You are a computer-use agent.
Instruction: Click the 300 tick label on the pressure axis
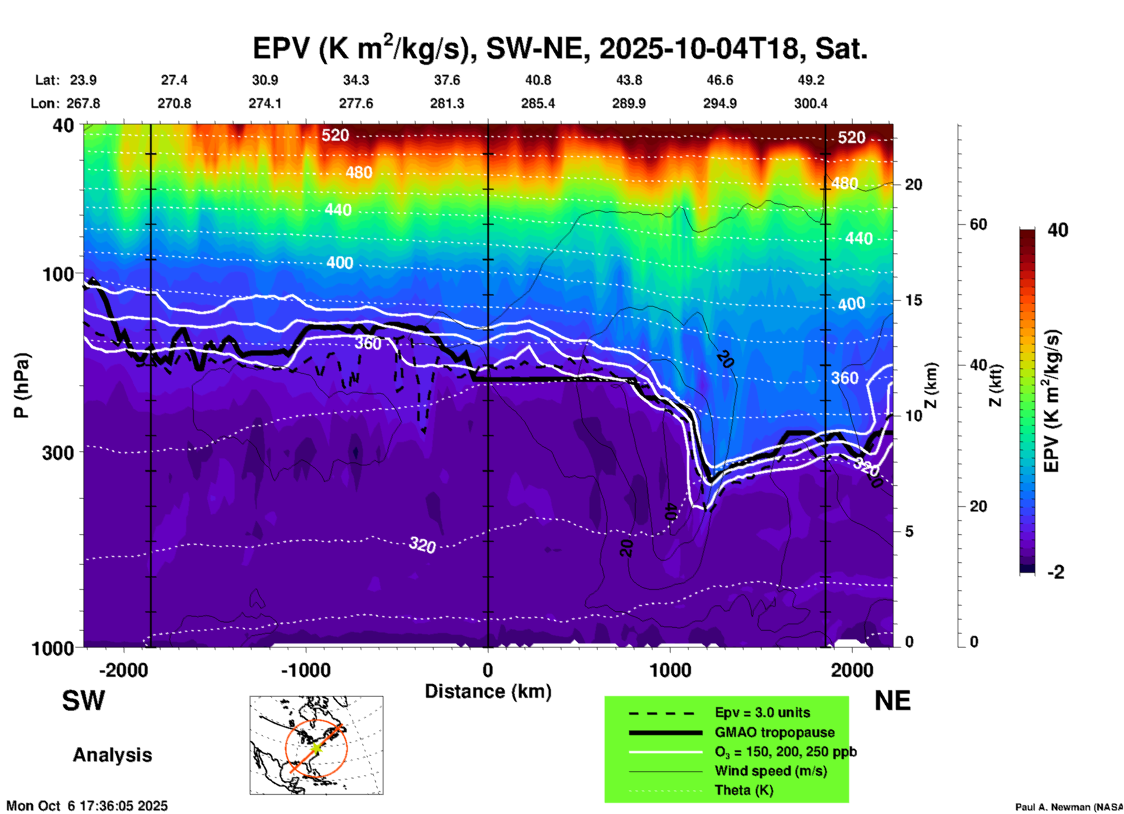[x=58, y=453]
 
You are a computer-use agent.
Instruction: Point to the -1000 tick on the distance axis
[x=306, y=670]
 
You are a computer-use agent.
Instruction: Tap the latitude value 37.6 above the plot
[x=447, y=80]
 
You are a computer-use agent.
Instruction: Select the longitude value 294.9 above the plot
[x=720, y=103]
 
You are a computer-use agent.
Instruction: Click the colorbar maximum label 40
[x=1057, y=230]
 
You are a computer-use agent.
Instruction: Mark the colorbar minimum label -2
[x=1055, y=572]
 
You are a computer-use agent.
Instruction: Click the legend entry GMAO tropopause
[x=774, y=732]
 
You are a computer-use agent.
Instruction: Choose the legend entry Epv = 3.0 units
[x=762, y=712]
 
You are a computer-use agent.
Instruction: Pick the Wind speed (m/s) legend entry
[x=770, y=771]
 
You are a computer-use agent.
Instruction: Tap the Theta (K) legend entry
[x=743, y=790]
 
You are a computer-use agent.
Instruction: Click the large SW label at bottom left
[x=83, y=701]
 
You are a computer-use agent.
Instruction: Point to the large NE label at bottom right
[x=892, y=701]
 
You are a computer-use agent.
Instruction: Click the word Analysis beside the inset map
[x=112, y=755]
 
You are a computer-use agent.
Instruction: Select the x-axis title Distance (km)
[x=488, y=691]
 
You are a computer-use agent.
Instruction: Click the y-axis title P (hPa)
[x=22, y=385]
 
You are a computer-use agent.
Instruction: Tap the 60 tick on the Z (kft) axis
[x=978, y=224]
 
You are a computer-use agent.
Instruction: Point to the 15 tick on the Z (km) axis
[x=913, y=300]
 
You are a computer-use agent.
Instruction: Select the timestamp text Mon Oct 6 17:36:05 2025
[x=87, y=806]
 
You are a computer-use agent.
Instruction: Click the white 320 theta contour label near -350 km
[x=422, y=545]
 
